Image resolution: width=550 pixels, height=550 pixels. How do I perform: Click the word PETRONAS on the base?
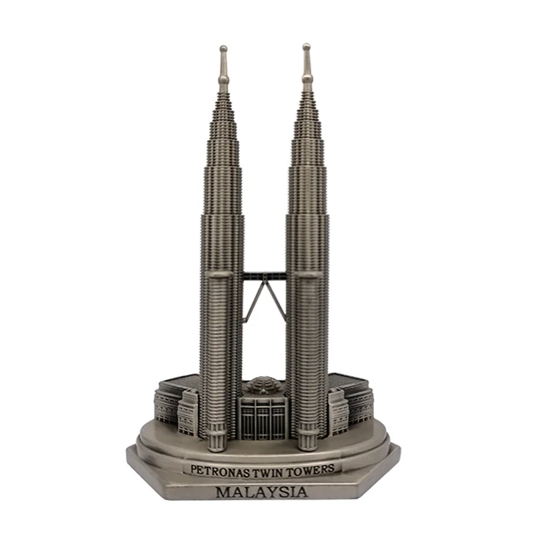point(218,468)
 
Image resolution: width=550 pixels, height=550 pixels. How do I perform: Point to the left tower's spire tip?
point(223,49)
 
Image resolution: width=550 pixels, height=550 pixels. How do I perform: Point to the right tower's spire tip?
point(307,47)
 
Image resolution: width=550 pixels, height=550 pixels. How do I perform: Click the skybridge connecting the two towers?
point(264,276)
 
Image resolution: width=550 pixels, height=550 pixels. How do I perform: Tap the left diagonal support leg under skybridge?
point(254,302)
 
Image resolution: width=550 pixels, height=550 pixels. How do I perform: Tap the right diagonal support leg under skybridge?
point(275,302)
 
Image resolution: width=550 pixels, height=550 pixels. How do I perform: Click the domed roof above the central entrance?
point(263,386)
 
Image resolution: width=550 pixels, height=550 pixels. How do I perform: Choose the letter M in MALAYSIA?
point(224,492)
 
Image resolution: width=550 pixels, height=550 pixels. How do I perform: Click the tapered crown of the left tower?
point(223,132)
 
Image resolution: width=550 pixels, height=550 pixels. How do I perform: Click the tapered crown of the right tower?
point(307,132)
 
